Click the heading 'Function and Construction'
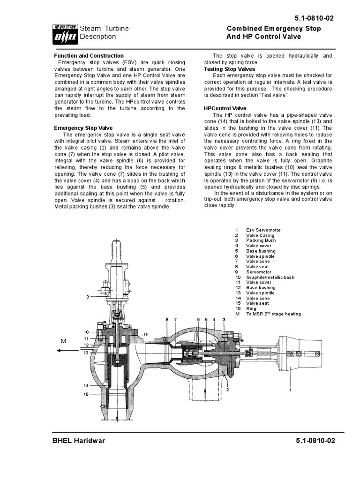click(89, 56)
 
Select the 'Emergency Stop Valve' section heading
click(83, 127)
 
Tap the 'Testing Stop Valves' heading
click(230, 69)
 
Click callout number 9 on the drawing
click(87, 297)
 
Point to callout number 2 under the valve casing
click(227, 389)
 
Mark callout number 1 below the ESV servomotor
click(290, 389)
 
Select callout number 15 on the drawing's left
click(86, 394)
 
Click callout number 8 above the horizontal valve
click(167, 319)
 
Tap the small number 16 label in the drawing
click(146, 334)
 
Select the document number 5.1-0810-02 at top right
click(315, 18)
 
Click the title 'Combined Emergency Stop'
click(274, 29)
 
